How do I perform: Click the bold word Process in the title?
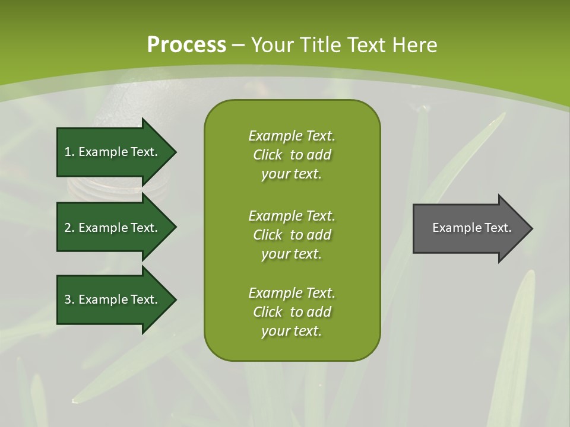click(x=186, y=45)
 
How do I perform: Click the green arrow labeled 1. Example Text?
click(x=113, y=152)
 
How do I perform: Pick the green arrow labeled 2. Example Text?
click(x=113, y=228)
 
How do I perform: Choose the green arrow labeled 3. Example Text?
click(x=113, y=299)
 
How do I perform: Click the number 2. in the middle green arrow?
click(x=69, y=228)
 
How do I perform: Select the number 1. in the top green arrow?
click(x=69, y=152)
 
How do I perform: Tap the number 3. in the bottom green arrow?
click(x=69, y=299)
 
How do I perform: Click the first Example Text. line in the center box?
click(x=292, y=136)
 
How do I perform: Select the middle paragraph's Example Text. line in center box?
click(x=292, y=216)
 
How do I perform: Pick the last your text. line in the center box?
click(x=292, y=331)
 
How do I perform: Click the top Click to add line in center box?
click(x=292, y=155)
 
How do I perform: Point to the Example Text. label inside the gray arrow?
click(x=471, y=228)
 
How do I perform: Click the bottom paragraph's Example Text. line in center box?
click(x=292, y=293)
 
